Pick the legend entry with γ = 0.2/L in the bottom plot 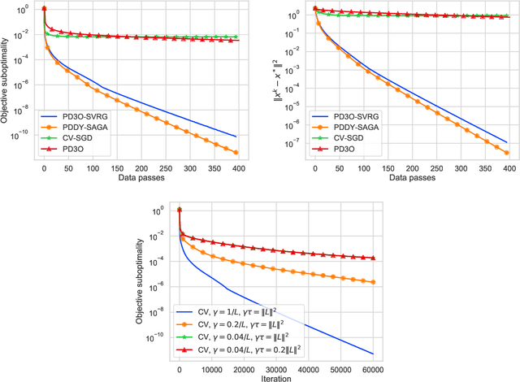pos(240,323)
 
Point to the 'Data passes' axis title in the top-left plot pos(135,177)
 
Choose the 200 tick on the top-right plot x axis pos(413,167)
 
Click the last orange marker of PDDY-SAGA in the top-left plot pos(236,152)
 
